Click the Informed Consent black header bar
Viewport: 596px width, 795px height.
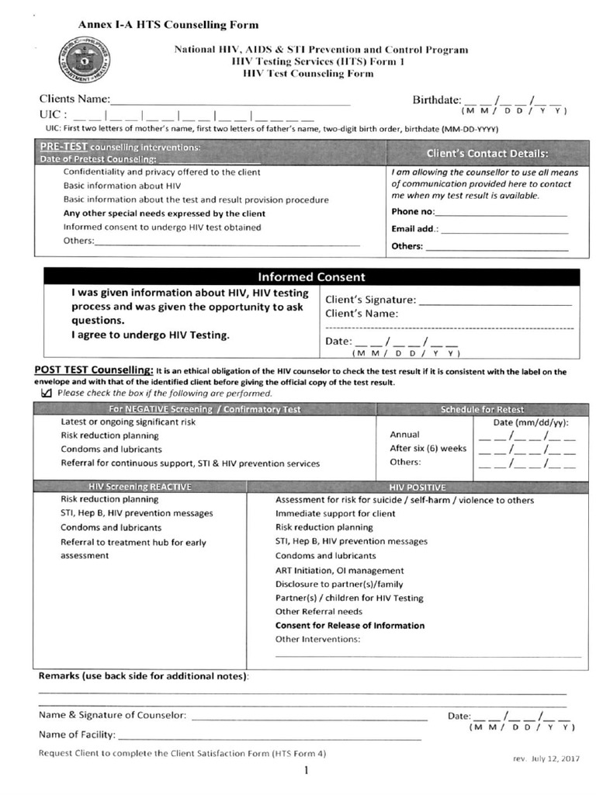click(311, 277)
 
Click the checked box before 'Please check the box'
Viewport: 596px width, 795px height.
click(46, 393)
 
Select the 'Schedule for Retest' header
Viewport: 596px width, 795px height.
click(482, 409)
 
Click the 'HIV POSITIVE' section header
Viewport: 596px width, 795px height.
click(418, 487)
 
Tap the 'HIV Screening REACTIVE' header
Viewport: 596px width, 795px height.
click(140, 487)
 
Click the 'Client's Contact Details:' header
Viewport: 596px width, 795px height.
click(487, 154)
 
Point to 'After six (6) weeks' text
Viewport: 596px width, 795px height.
click(428, 449)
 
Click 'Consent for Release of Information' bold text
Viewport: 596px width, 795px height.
click(350, 626)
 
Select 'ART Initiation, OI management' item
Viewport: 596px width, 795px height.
click(339, 571)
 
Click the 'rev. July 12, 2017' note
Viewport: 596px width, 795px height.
click(546, 759)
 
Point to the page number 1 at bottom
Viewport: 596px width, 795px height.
click(306, 771)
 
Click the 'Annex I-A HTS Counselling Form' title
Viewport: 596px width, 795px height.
click(168, 25)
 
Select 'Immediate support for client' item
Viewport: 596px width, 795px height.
click(335, 514)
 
